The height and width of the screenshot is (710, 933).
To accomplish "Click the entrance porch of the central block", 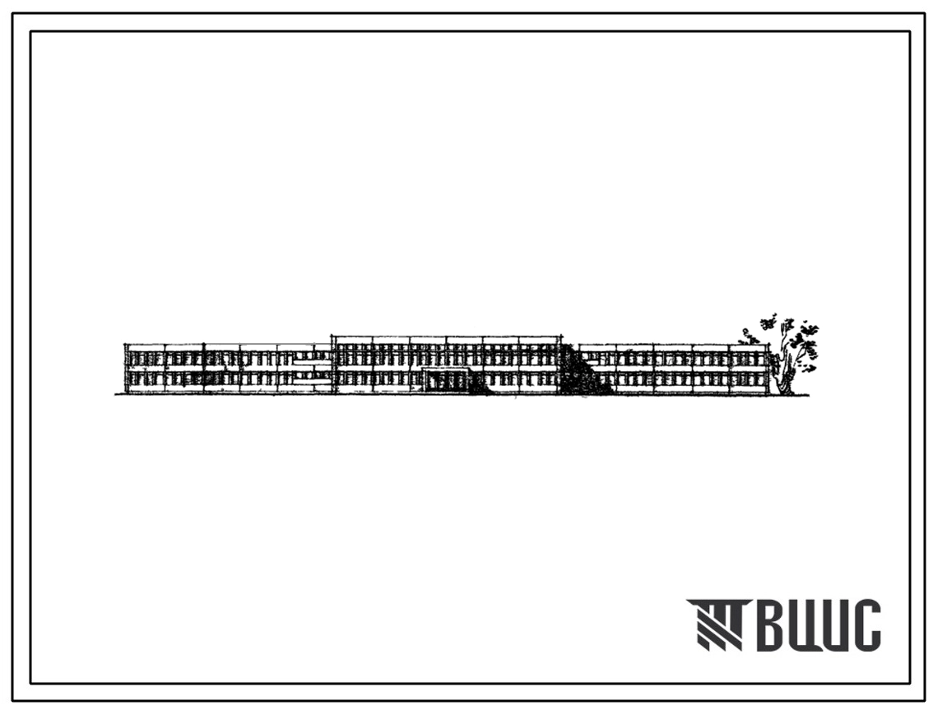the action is (x=446, y=380).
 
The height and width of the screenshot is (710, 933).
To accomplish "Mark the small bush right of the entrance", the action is (x=478, y=384).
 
